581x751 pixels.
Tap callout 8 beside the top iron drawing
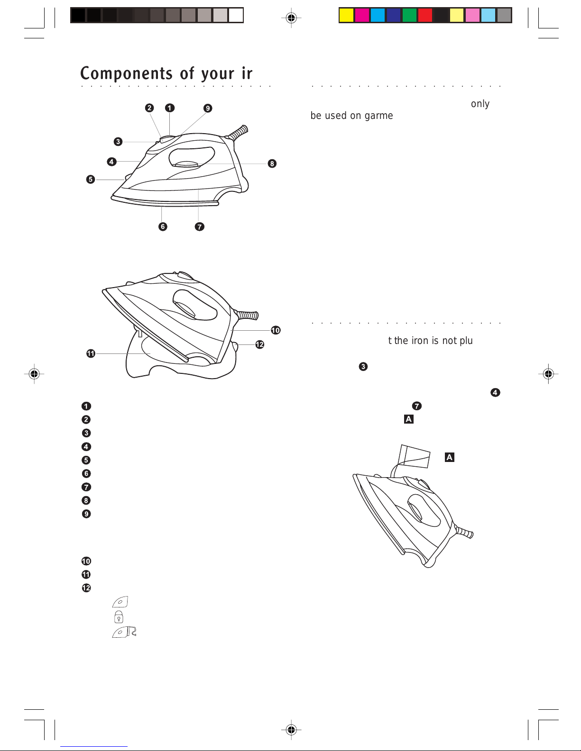[x=272, y=163]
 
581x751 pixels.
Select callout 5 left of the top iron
[x=91, y=179]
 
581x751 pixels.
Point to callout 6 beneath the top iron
[x=163, y=226]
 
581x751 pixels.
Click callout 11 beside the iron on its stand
[x=91, y=353]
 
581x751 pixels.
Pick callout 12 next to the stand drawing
[x=259, y=344]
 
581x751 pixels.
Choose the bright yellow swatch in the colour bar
[x=347, y=16]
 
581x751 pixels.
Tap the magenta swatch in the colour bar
[x=362, y=16]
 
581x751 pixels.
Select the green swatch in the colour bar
[x=409, y=16]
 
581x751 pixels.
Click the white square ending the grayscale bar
[x=236, y=16]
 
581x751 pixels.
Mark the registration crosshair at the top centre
[x=291, y=18]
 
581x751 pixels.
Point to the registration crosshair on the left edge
[x=34, y=374]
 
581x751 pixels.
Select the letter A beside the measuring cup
[x=449, y=457]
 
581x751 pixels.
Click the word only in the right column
[x=480, y=104]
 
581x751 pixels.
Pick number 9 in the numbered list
[x=86, y=514]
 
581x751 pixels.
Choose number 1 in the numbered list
[x=86, y=406]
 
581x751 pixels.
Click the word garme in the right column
[x=378, y=116]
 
